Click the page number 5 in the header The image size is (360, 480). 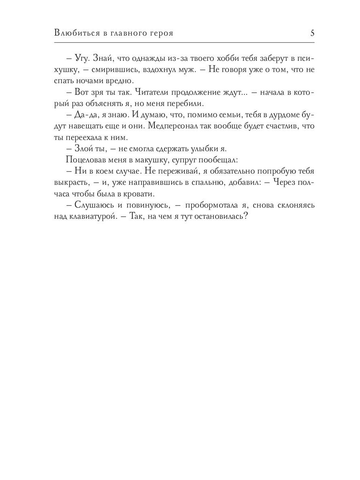tap(312, 33)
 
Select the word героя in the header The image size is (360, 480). tap(160, 33)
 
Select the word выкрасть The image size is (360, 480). tap(70, 183)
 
